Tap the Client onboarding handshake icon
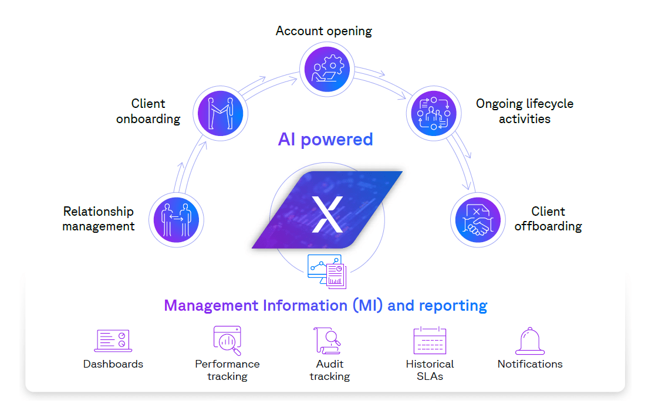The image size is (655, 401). coord(220,111)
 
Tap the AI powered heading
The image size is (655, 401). coord(325,140)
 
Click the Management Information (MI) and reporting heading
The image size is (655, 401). coord(325,305)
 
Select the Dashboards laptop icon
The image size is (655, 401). coord(113,341)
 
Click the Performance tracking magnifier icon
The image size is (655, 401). coord(227,341)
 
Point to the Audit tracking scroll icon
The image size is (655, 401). coord(327,341)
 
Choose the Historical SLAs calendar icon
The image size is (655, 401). coord(430,341)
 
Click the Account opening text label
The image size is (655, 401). coord(324,30)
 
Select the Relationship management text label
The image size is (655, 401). coord(99,219)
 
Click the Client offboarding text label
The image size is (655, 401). coord(548,219)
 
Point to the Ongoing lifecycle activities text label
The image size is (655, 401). coord(525,111)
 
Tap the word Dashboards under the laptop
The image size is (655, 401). coord(113,364)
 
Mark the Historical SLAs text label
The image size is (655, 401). coord(430,370)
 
